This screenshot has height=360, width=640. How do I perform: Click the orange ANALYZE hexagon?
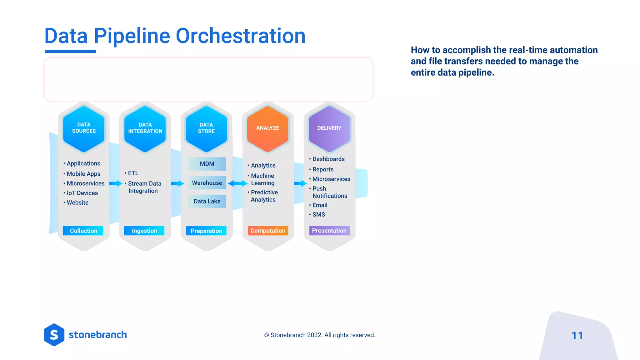point(267,128)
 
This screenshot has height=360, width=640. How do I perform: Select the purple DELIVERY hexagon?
point(329,128)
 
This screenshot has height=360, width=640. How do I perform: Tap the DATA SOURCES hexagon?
point(84,128)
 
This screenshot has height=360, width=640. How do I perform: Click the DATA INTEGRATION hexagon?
point(145,128)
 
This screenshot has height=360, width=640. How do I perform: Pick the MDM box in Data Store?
point(207,164)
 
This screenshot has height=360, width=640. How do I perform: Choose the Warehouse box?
point(207,183)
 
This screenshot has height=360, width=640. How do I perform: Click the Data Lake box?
point(207,201)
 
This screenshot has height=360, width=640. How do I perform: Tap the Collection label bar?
point(83,231)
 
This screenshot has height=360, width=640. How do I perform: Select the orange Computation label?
point(268,231)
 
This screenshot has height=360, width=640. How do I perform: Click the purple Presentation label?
point(329,231)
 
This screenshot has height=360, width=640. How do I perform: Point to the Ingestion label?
point(144,231)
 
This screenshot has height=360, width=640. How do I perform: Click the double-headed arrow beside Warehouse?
point(237,183)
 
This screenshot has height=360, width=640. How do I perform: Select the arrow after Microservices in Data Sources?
point(115,183)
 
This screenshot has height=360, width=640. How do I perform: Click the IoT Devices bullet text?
point(82,193)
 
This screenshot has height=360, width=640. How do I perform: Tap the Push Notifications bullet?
point(329,192)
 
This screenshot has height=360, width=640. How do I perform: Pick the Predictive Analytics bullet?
point(264,196)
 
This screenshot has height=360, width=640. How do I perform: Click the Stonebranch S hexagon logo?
point(54,335)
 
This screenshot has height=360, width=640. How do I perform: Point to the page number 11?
point(577,336)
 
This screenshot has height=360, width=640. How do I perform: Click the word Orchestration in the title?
point(240,36)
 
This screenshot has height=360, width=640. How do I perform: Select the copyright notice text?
point(320,335)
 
